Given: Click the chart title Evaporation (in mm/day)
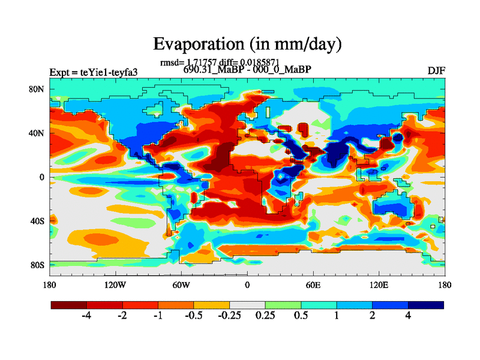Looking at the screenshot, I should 247,44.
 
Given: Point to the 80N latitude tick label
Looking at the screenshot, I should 38,89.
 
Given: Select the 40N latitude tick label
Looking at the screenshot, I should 38,133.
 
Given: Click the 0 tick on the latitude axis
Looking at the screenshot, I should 43,177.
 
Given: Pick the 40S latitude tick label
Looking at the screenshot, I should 38,221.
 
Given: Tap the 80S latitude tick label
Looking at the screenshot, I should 38,265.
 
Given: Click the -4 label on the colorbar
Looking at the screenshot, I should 86,317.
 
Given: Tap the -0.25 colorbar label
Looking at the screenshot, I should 229,317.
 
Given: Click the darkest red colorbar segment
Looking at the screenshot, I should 69,305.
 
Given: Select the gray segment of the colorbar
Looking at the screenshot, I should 247,305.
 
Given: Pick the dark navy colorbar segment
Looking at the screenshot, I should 426,305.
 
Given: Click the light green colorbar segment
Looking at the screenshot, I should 283,305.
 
